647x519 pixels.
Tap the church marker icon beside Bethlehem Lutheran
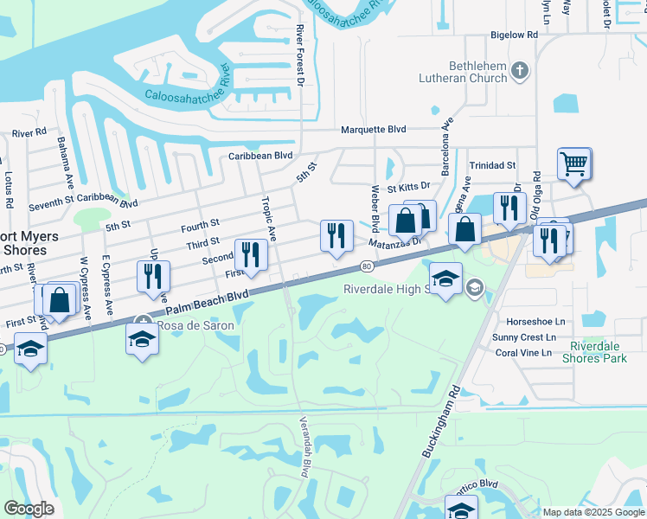[x=519, y=70]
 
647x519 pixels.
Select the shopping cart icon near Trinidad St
[x=574, y=163]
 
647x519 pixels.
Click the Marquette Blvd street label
[x=373, y=130]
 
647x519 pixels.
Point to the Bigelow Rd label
[x=514, y=35]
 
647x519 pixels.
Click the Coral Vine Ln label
[x=523, y=353]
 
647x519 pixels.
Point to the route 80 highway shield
[x=367, y=265]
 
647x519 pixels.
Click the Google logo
[x=29, y=509]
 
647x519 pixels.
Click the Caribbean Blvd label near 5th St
[x=260, y=156]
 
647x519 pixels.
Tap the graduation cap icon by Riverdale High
[x=445, y=279]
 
